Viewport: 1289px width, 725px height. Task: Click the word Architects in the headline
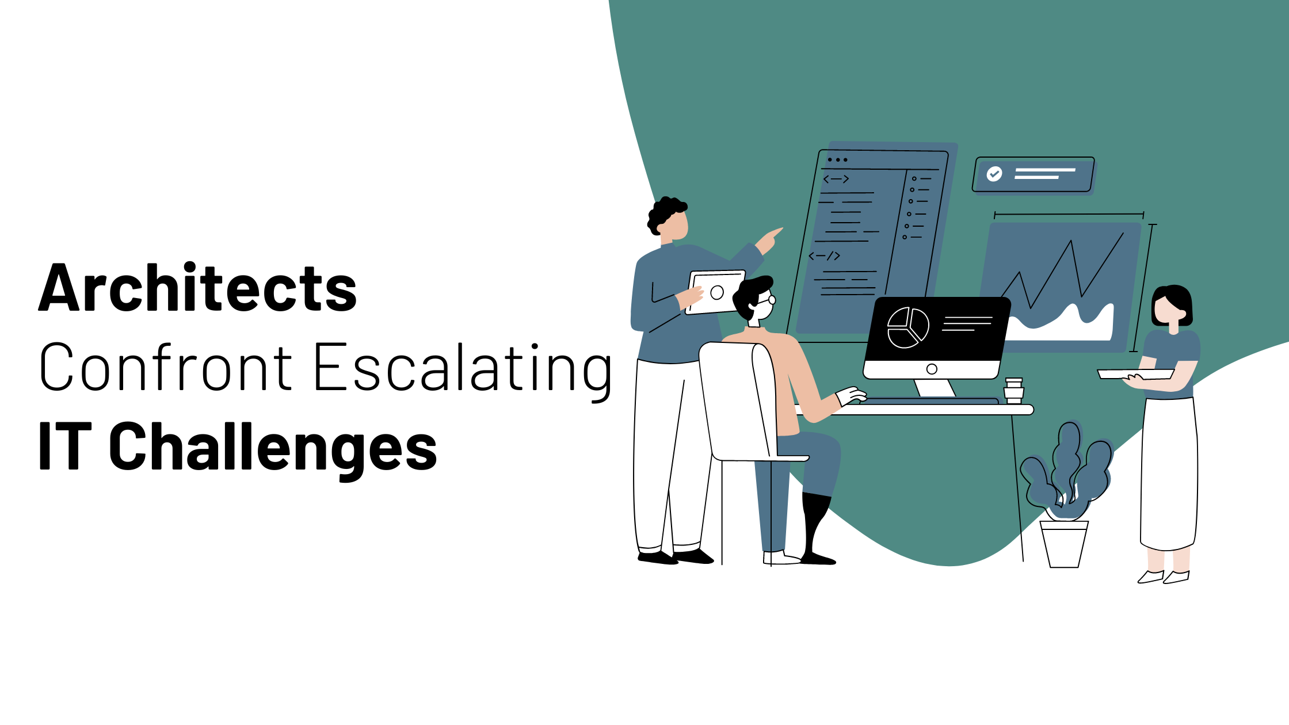click(x=197, y=288)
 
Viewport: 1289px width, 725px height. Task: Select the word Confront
click(x=166, y=367)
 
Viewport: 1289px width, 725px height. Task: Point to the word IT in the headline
click(x=65, y=445)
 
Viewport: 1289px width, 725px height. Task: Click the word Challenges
click(x=273, y=449)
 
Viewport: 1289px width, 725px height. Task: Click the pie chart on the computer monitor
click(x=908, y=328)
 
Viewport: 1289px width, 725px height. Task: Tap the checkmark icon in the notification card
click(x=994, y=174)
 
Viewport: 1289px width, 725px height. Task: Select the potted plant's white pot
click(x=1064, y=544)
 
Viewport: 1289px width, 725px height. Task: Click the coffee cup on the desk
click(x=1014, y=391)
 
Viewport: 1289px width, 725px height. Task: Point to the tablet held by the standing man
click(x=716, y=292)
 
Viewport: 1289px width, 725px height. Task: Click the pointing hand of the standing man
click(x=769, y=241)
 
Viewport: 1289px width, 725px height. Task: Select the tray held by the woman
click(x=1135, y=374)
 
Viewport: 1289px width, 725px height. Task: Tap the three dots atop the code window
click(x=837, y=160)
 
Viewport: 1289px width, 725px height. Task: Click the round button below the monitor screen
click(x=932, y=369)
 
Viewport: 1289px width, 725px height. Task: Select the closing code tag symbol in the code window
click(x=825, y=256)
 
